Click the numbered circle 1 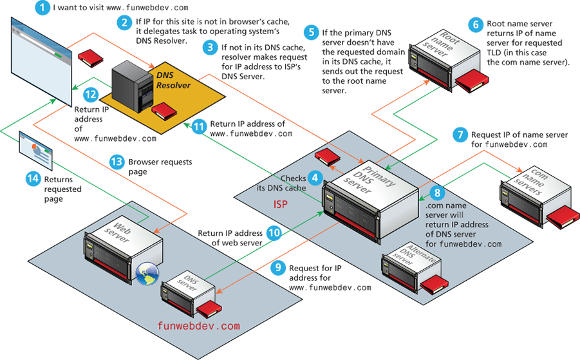42,8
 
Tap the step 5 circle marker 312,32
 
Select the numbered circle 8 436,192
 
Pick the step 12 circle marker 90,95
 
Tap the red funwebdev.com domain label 199,326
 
